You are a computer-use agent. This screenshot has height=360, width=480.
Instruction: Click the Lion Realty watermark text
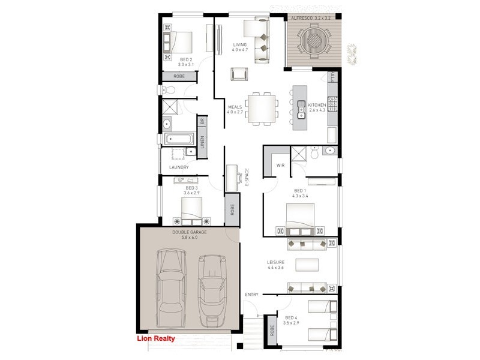tap(156, 338)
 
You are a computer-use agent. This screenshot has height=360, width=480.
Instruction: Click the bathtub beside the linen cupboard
tap(181, 140)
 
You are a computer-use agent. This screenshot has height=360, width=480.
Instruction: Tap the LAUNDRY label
tap(179, 167)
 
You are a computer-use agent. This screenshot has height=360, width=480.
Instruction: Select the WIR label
tap(280, 165)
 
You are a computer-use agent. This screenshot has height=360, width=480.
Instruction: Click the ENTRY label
tap(251, 294)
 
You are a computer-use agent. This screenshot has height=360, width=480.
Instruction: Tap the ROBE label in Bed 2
tap(179, 76)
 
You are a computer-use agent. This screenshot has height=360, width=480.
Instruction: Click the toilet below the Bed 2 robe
tap(169, 90)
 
